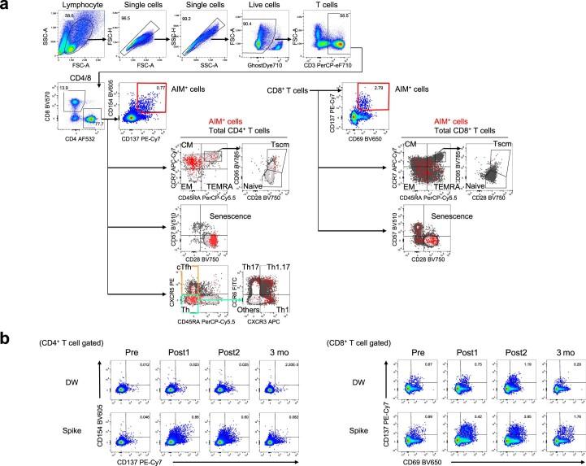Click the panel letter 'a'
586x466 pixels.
coord(6,7)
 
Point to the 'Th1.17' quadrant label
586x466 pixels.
coord(276,269)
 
